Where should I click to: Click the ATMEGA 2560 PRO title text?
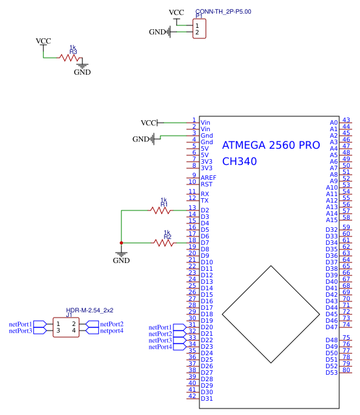(271, 145)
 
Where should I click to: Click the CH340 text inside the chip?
(239, 162)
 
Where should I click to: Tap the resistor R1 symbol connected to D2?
(161, 210)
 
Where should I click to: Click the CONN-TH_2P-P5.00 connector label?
(223, 12)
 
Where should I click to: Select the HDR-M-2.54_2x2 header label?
(90, 310)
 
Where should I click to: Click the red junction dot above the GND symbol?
(121, 242)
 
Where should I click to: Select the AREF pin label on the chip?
(209, 178)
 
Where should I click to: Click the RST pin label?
(207, 184)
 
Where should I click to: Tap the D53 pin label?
(331, 372)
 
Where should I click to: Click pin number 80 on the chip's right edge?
(346, 370)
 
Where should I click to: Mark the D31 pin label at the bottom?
(207, 398)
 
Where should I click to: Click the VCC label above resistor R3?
(43, 41)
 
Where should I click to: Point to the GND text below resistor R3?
(82, 72)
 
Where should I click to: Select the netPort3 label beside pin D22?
(161, 340)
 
